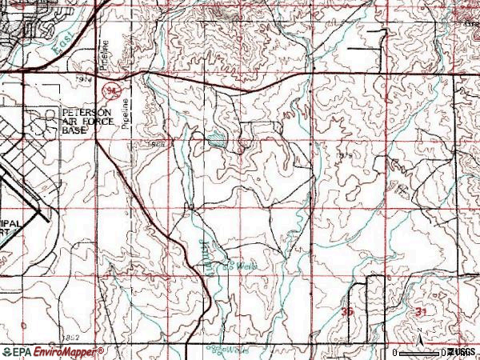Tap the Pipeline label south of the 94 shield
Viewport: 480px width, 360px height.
tap(126, 115)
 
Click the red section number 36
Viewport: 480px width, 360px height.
tap(346, 310)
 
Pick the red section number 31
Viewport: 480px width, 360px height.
tap(422, 310)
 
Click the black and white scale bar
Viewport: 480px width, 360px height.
tap(420, 352)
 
